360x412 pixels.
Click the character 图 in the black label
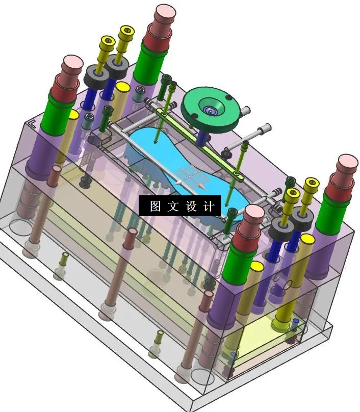[156, 206]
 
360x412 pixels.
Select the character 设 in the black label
[191, 206]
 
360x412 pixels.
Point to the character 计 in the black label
[208, 206]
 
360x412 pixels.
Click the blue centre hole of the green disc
[210, 110]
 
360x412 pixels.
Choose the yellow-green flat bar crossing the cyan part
[199, 143]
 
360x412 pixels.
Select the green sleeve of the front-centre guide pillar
[239, 263]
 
